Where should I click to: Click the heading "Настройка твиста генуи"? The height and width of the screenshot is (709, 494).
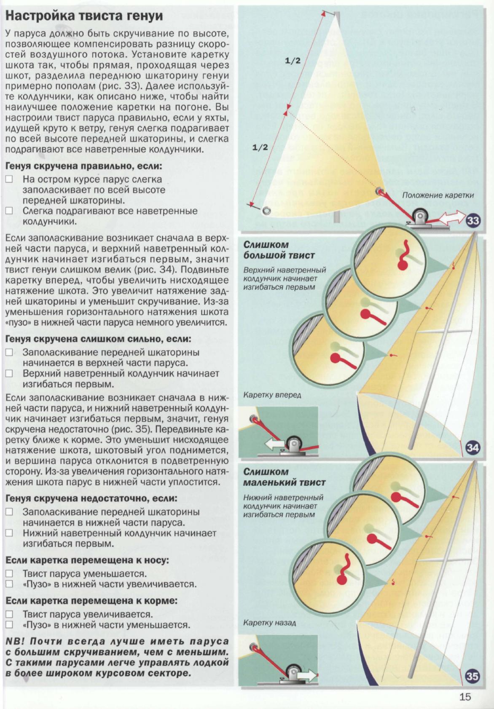click(x=84, y=16)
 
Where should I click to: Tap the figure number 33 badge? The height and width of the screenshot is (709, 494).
click(x=473, y=220)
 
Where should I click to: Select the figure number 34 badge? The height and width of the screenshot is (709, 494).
click(x=473, y=447)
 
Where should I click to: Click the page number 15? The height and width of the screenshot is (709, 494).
click(x=465, y=696)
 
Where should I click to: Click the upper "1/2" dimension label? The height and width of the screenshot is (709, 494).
click(x=293, y=61)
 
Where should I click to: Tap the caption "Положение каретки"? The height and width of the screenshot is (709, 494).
click(x=438, y=195)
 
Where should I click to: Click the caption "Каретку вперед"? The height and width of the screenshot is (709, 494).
click(x=272, y=395)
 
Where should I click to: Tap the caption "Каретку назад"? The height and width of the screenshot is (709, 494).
click(x=269, y=622)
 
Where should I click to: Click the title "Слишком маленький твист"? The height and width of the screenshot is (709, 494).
click(x=284, y=477)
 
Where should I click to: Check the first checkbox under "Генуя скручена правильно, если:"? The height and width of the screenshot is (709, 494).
click(x=10, y=179)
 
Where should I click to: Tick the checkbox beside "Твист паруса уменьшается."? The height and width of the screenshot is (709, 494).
click(x=10, y=573)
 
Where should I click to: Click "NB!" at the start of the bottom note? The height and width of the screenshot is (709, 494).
click(x=16, y=642)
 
